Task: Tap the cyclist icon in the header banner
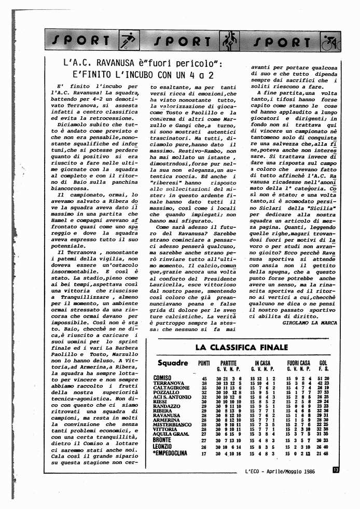[330, 41]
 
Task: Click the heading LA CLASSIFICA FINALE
[241, 347]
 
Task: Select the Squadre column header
[172, 363]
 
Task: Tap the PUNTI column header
[204, 363]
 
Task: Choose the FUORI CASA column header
[298, 363]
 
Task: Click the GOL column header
[324, 363]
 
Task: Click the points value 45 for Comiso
[204, 379]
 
